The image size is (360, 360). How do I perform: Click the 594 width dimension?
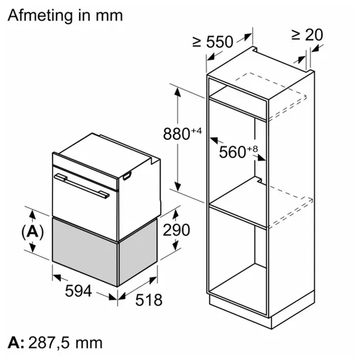[x=78, y=291]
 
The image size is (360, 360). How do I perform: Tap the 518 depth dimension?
[x=149, y=300]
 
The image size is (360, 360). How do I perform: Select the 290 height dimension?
[x=176, y=230]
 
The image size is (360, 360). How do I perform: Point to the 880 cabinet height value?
[x=176, y=134]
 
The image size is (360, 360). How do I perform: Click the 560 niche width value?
[x=233, y=152]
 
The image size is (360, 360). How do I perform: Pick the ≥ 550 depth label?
[x=213, y=42]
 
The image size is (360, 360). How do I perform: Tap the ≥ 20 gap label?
[x=307, y=35]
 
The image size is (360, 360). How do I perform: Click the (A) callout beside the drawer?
[x=33, y=232]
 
